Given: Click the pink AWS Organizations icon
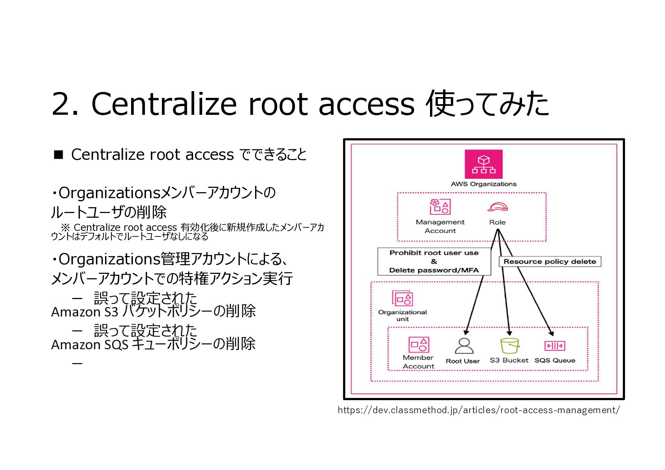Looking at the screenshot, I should (483, 164).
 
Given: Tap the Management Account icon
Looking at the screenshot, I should (440, 207).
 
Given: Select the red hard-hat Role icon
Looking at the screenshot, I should (497, 207).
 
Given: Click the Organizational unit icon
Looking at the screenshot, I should (402, 298).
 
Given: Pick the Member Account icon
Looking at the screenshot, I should (419, 345).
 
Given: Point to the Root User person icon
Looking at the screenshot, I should (464, 346).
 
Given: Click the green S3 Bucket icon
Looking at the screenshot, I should (509, 346).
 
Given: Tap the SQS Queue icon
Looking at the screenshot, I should (554, 346).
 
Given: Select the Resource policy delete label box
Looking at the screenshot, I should (550, 262).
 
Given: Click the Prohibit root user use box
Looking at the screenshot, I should (434, 261).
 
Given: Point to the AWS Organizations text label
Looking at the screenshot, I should (483, 184).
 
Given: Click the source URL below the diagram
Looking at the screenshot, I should (479, 410).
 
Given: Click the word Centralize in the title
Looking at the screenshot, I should (163, 104).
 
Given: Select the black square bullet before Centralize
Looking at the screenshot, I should (58, 154).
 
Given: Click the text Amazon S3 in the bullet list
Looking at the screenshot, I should (85, 312).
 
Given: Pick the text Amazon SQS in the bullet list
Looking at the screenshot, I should (89, 345).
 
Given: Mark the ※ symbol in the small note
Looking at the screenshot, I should (65, 228).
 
